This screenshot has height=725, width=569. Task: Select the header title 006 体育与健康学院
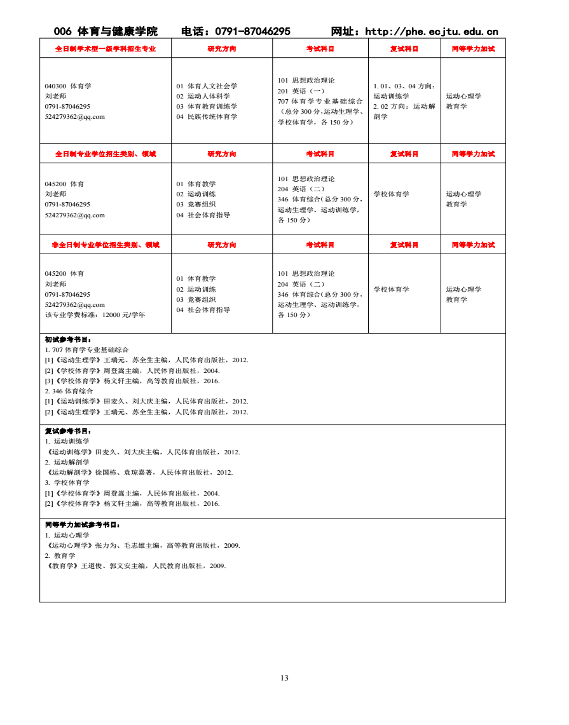coord(106,32)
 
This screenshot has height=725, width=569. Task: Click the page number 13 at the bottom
coord(284,678)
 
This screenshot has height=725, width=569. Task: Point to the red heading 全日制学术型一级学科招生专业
coord(106,48)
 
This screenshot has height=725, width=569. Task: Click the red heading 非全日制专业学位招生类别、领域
coord(106,245)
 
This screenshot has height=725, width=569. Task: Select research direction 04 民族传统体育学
coord(207,117)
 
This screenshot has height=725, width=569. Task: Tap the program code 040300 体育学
coord(68,86)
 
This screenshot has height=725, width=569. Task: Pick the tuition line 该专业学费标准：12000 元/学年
coord(95,315)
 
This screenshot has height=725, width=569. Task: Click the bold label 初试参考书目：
coord(68,340)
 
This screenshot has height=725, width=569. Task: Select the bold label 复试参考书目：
coord(68,431)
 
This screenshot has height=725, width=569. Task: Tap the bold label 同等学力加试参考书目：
coord(83,525)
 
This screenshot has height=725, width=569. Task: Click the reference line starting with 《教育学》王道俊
coord(135,566)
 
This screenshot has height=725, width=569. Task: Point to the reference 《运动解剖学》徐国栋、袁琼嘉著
coord(139,473)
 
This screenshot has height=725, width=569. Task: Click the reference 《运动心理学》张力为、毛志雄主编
coord(142,545)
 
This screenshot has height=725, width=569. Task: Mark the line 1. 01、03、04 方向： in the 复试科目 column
coord(404,86)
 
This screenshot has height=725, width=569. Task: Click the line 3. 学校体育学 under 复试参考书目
coord(67,483)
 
